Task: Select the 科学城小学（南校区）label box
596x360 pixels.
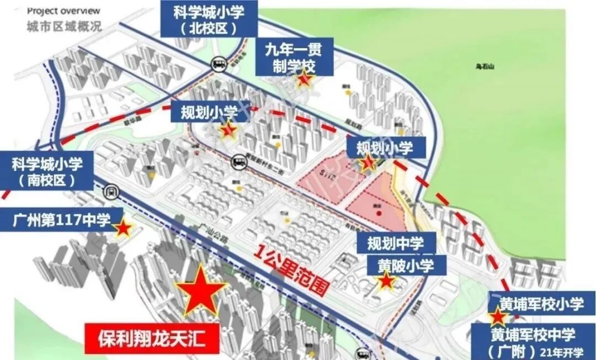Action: click(x=47, y=172)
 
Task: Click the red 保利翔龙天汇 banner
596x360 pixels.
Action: click(x=152, y=337)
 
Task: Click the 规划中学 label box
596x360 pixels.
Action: click(x=396, y=242)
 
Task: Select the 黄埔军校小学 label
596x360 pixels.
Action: click(x=541, y=304)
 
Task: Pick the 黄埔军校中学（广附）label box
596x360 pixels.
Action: click(x=533, y=342)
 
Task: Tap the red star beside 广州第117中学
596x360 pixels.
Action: click(x=123, y=227)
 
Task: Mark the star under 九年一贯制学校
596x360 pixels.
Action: click(x=305, y=79)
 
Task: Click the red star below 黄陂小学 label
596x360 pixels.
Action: click(x=386, y=281)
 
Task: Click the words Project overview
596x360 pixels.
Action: click(x=63, y=10)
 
